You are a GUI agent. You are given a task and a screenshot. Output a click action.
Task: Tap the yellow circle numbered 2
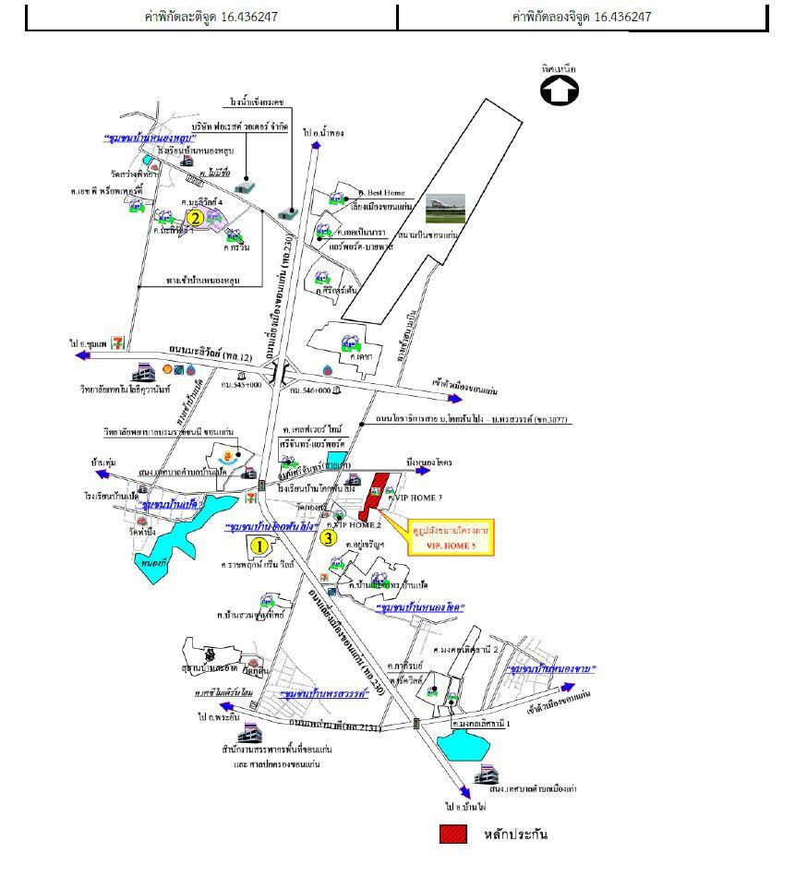[x=195, y=218]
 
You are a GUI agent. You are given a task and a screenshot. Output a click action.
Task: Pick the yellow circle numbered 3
[x=328, y=537]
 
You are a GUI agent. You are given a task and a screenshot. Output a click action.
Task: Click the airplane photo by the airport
[x=445, y=208]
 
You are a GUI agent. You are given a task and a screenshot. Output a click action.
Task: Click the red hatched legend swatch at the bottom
[x=452, y=834]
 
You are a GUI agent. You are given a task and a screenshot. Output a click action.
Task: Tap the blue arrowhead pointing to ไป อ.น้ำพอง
[x=316, y=148]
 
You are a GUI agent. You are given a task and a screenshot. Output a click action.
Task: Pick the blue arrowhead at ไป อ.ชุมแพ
[x=82, y=354]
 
